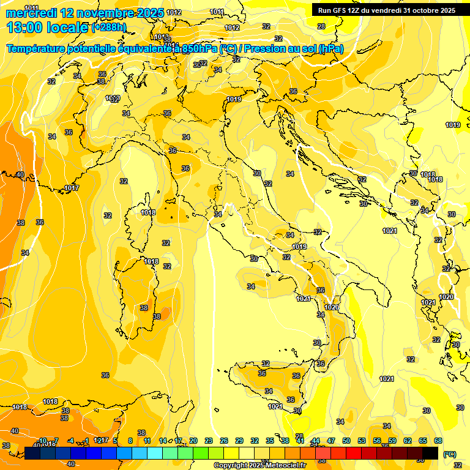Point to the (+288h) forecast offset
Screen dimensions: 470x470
(x=108, y=28)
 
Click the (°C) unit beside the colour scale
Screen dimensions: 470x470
(x=449, y=454)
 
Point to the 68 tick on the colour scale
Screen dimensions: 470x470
(x=438, y=441)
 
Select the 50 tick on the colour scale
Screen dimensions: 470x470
(x=346, y=441)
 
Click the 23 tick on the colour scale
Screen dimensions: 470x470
(x=208, y=441)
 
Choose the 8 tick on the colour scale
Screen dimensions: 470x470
(x=130, y=441)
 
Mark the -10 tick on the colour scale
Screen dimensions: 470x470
(x=42, y=441)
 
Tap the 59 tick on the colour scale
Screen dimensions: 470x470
(x=392, y=441)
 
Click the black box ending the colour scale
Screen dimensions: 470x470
(x=431, y=453)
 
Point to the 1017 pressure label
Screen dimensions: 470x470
(x=72, y=188)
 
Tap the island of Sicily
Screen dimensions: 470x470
(x=269, y=382)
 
